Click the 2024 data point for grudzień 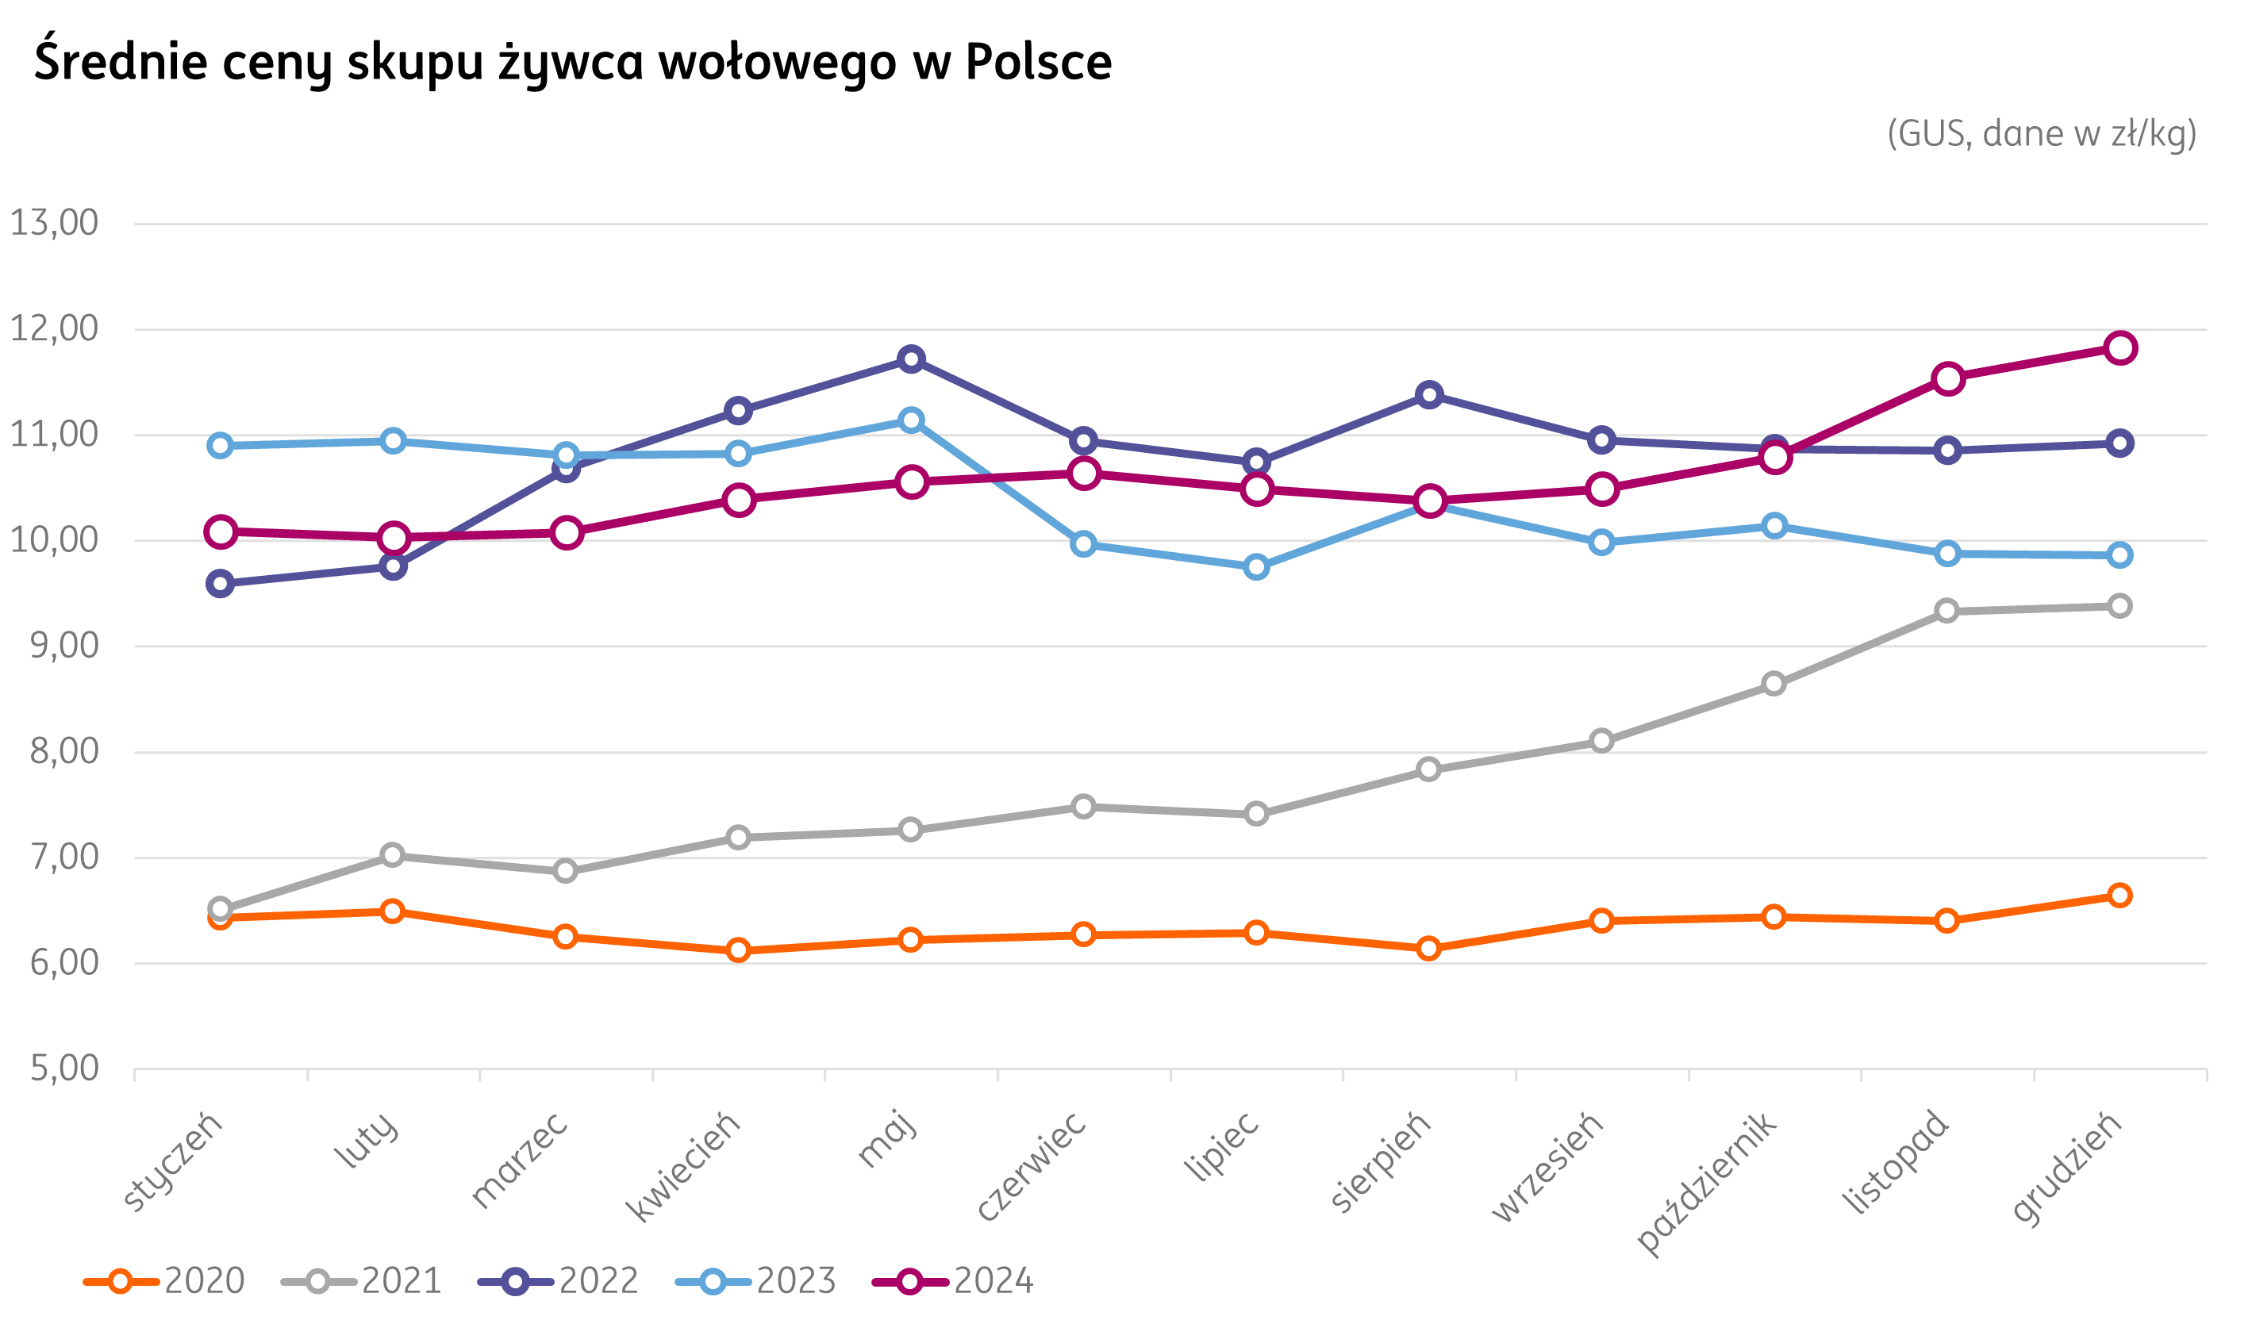coord(2119,348)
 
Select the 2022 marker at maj coord(911,359)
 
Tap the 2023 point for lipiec coord(1256,567)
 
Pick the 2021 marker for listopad coord(1947,611)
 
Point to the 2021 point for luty coord(392,854)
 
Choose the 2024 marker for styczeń coord(221,531)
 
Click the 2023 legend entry coord(756,1280)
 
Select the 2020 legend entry coord(165,1280)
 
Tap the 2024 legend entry coord(954,1280)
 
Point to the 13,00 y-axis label coord(54,223)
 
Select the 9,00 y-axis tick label coord(64,646)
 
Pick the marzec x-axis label coord(520,1161)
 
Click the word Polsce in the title coord(1038,62)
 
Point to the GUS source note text coord(2042,134)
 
